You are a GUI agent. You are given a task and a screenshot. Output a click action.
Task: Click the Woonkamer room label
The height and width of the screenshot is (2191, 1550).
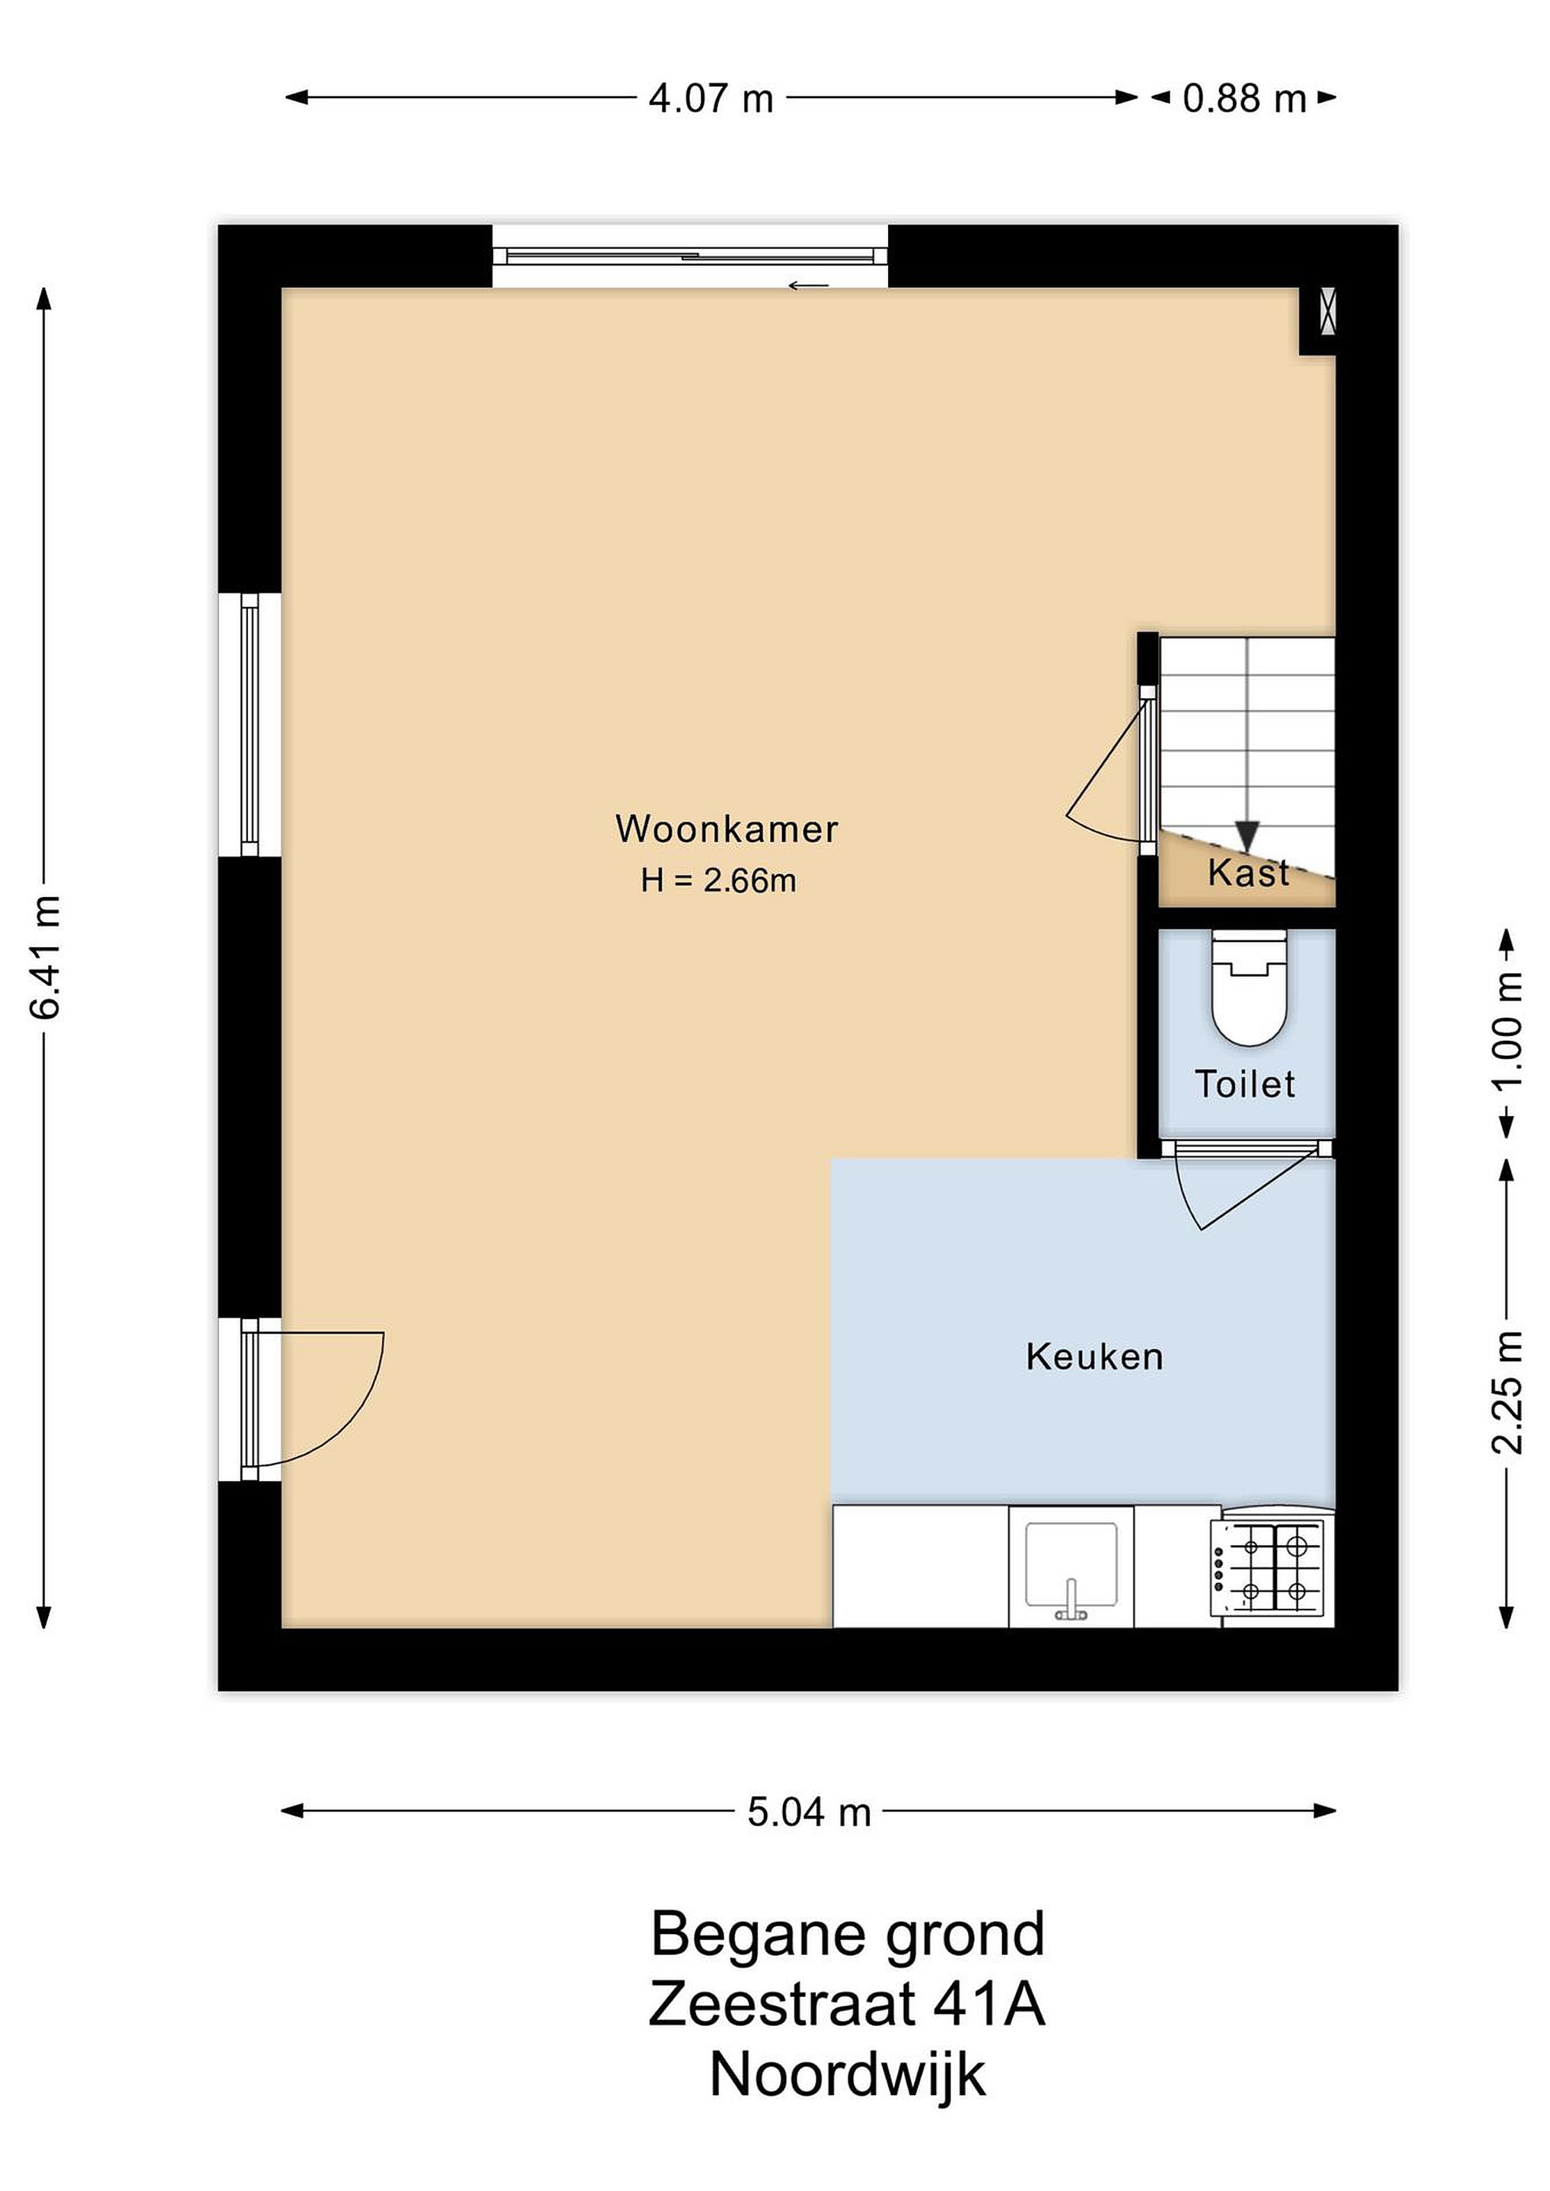(727, 829)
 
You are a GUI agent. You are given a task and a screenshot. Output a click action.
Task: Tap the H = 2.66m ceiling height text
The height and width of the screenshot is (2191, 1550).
(718, 880)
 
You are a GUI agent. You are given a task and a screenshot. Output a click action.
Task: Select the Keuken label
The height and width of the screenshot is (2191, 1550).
(1095, 1357)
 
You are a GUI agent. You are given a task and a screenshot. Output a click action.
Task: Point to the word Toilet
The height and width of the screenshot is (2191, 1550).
(1245, 1084)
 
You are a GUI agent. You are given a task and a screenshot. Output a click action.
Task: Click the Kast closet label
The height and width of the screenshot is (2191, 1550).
(1249, 872)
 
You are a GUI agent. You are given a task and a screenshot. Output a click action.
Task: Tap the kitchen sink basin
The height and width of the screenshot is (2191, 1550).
(1071, 1565)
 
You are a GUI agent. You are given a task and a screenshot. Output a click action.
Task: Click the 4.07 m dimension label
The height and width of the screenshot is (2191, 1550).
(711, 98)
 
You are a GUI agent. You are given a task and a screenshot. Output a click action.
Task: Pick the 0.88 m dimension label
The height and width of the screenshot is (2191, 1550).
(1243, 98)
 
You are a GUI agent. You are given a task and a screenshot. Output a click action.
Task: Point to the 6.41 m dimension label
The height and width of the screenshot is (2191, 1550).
(46, 957)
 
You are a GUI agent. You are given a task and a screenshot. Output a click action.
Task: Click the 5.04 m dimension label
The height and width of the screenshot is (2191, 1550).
(810, 1812)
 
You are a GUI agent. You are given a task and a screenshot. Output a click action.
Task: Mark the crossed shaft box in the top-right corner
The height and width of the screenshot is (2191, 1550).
(1326, 312)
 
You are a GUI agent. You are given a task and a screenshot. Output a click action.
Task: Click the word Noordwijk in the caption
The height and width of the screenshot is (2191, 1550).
(848, 2075)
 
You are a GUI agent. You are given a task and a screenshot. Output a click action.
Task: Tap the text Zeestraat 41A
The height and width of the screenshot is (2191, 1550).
(847, 2003)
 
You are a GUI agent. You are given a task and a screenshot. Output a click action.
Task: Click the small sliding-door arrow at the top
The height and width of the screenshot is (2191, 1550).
(807, 285)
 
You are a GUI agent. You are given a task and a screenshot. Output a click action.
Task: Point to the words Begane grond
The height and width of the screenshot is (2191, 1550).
(848, 1933)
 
